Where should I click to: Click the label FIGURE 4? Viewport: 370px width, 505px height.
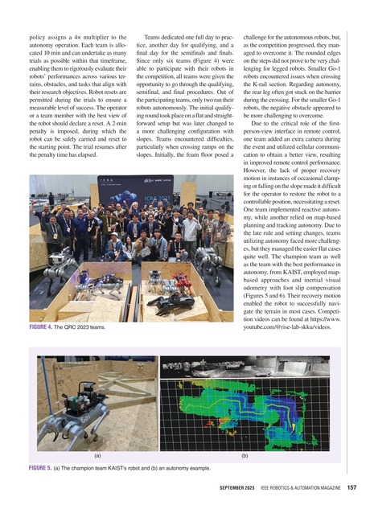pos(39,329)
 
